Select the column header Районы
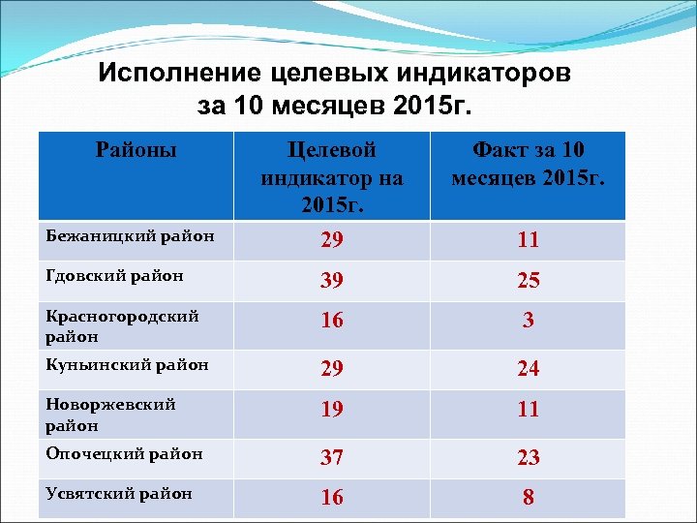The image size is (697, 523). [136, 150]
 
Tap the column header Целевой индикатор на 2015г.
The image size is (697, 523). [331, 177]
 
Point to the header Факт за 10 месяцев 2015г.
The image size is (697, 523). [528, 164]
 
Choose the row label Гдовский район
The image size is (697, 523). [114, 275]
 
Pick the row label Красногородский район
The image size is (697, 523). [122, 326]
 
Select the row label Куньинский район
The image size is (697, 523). [127, 364]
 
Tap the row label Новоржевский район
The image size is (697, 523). [110, 415]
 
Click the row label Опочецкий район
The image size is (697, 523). [124, 452]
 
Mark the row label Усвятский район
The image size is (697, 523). [118, 493]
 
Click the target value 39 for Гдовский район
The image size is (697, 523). [331, 280]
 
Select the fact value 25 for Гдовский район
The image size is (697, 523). [528, 280]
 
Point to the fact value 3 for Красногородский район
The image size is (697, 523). [528, 321]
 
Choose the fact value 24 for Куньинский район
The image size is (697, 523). [528, 368]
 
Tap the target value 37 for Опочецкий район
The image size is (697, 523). [331, 456]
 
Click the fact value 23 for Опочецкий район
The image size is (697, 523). [528, 456]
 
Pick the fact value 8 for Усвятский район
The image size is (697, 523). [528, 498]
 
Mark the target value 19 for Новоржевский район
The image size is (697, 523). [331, 409]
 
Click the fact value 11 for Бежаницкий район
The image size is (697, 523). [528, 239]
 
